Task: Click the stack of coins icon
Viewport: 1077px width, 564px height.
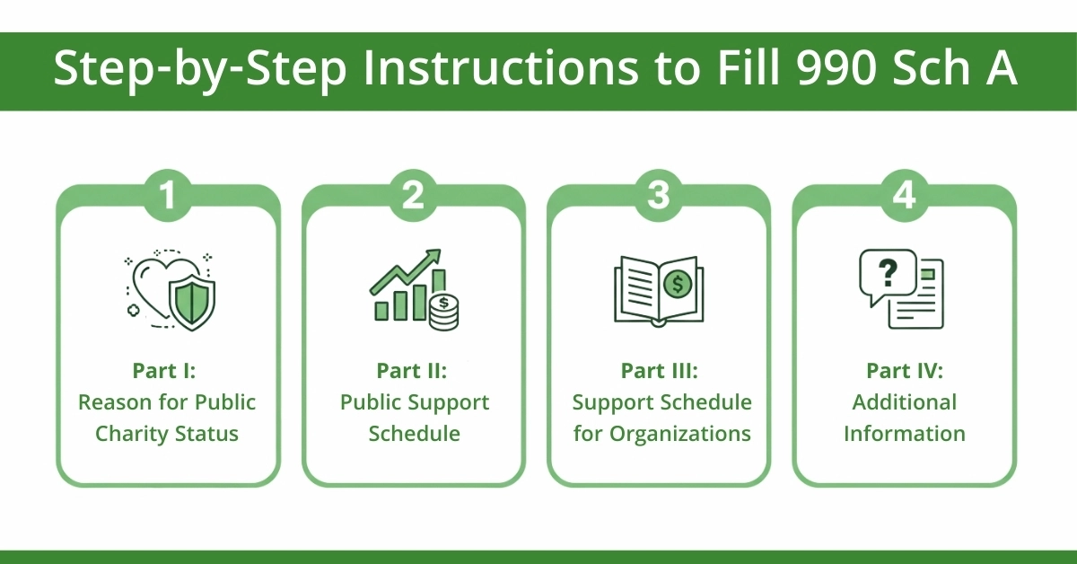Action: coord(442,310)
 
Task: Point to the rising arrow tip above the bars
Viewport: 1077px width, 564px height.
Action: coord(438,254)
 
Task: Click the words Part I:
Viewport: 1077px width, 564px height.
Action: coord(167,371)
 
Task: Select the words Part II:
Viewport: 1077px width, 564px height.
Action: coord(413,371)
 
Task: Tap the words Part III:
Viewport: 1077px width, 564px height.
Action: coord(658,371)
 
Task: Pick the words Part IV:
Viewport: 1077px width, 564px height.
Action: coord(904,371)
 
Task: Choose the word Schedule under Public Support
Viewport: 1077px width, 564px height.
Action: coord(413,434)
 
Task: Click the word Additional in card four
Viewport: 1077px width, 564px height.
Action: coord(904,402)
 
